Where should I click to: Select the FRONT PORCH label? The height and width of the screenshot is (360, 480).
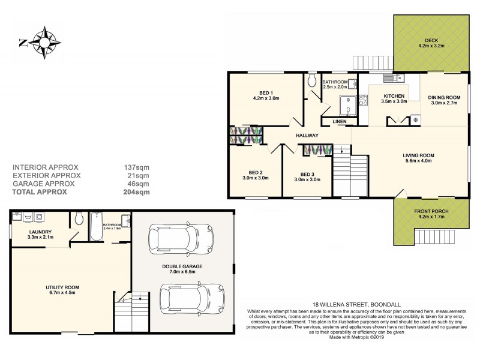(x=431, y=211)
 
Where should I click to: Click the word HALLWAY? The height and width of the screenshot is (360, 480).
(x=307, y=135)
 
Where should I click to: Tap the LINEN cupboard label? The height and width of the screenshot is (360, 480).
(x=340, y=122)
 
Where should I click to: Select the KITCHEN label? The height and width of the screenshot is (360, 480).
(x=394, y=96)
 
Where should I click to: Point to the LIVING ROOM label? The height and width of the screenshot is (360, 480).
(x=418, y=155)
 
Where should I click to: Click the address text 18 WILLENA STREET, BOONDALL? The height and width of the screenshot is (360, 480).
(x=352, y=304)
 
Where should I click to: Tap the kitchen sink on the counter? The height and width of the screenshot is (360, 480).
(x=394, y=77)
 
